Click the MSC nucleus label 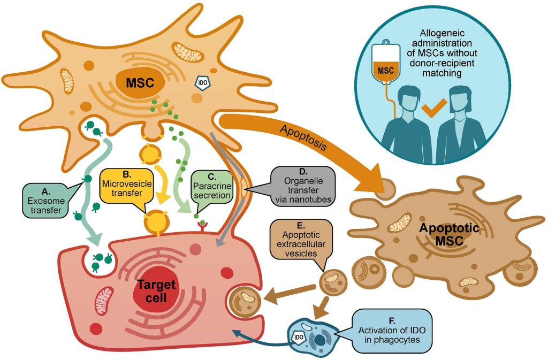pos(140,83)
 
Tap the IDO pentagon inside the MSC pos(203,83)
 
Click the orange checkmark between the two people pos(432,109)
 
